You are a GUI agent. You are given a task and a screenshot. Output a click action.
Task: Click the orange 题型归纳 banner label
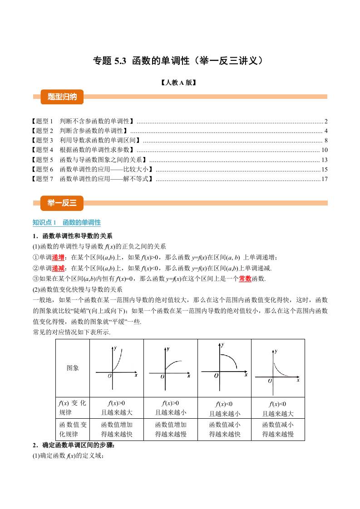point(59,97)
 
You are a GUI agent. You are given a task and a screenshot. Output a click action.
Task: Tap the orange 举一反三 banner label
point(59,203)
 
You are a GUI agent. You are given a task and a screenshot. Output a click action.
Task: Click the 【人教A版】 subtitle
point(180,83)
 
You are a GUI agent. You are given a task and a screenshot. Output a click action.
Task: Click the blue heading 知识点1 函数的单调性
point(67,223)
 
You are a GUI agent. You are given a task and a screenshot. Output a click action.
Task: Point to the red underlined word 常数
point(245,279)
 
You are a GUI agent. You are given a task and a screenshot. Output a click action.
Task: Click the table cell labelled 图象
point(73,368)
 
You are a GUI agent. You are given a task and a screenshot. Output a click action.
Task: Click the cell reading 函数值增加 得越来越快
point(117,430)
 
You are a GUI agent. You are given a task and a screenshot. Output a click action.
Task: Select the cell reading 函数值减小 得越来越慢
point(278,430)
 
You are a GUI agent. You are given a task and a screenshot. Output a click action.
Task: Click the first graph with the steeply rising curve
point(117,367)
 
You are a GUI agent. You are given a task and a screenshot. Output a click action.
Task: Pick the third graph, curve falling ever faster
point(224,367)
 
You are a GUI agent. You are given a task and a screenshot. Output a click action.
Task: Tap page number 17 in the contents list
point(324,179)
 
